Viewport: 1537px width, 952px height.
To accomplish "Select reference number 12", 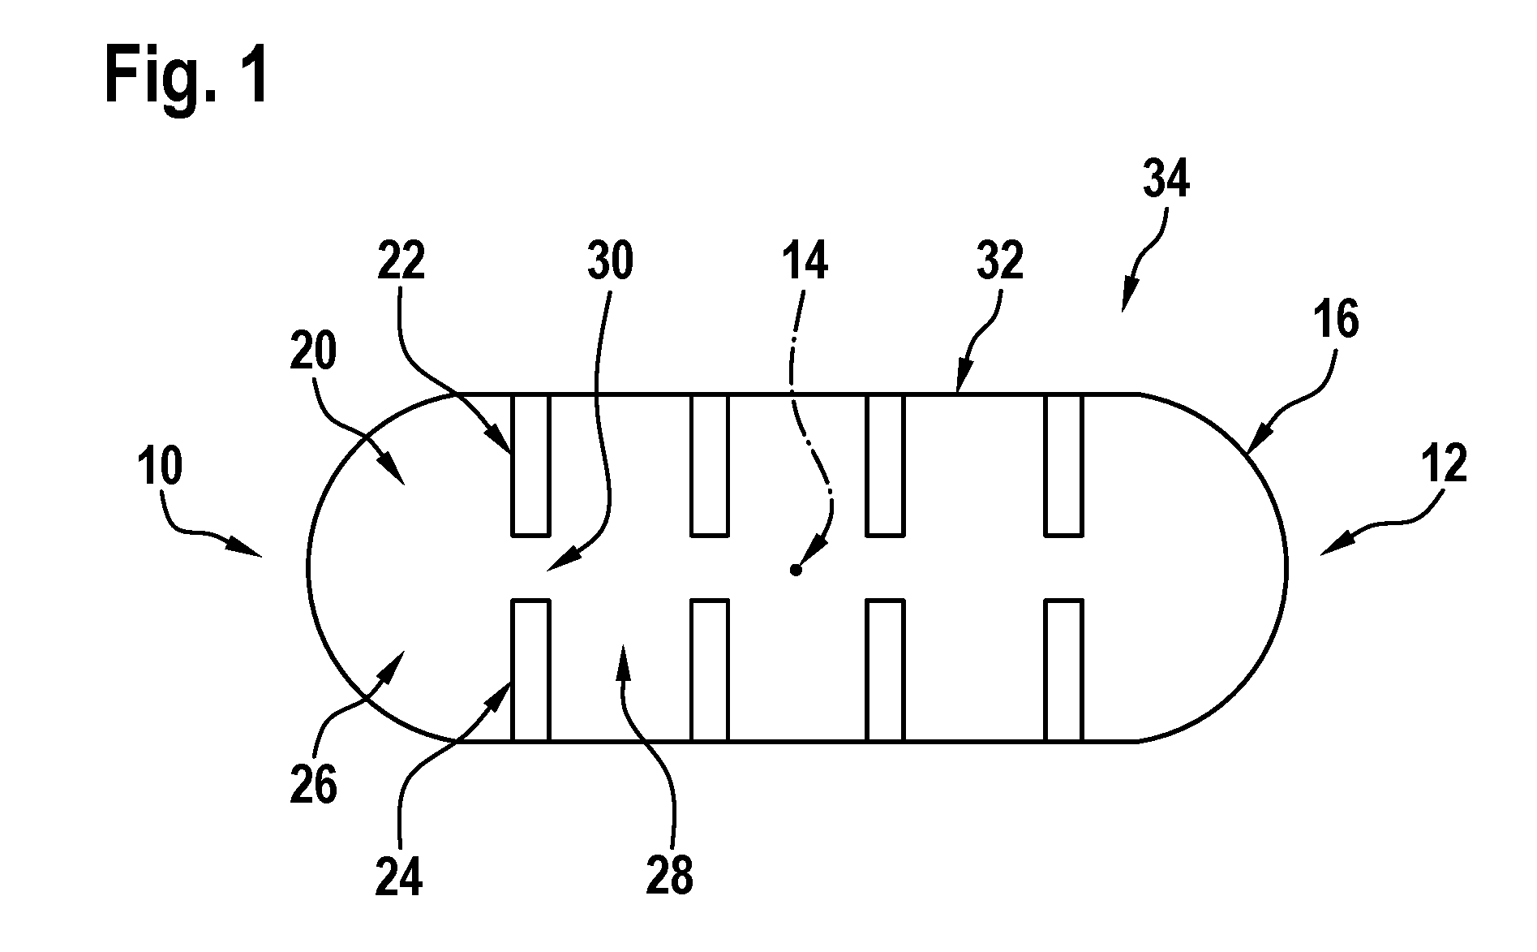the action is [x=1445, y=464].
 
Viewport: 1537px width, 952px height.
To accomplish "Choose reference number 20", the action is [x=312, y=353].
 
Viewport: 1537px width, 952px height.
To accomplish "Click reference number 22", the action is [x=401, y=261].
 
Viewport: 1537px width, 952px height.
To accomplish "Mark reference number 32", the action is [x=1000, y=261].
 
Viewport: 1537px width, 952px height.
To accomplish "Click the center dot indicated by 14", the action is [x=796, y=571].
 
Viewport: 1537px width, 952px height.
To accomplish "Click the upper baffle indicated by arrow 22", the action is [x=530, y=464].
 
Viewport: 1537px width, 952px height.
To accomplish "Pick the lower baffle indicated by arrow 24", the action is [x=530, y=670].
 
